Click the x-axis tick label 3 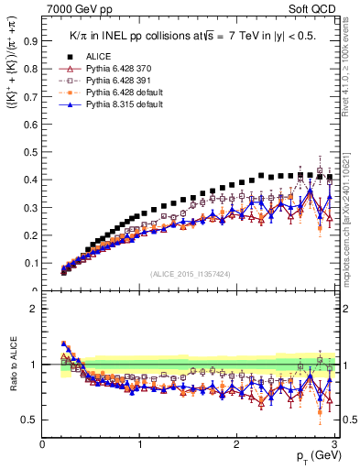pyautogui.click(x=334, y=444)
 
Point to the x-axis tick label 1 pyautogui.click(x=140, y=444)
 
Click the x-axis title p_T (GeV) pyautogui.click(x=315, y=458)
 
